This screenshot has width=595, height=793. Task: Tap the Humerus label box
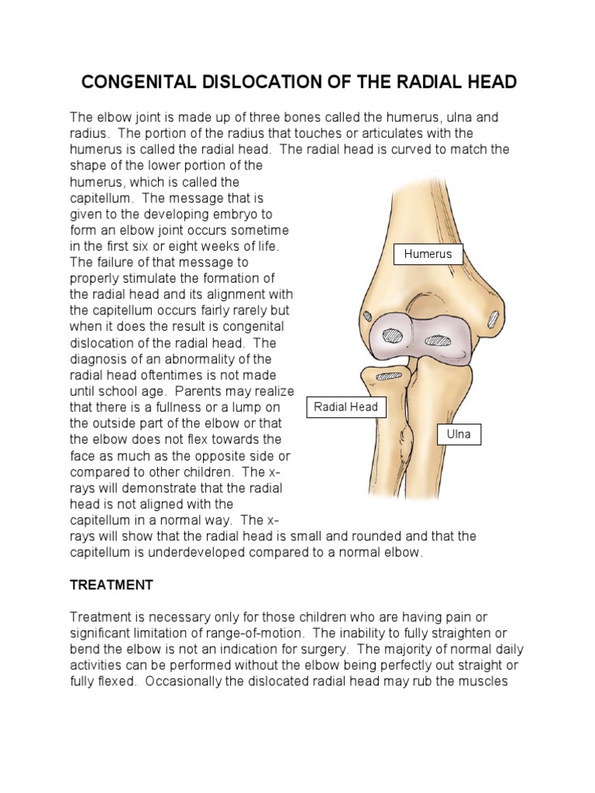point(428,253)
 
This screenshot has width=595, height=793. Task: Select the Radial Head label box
point(346,407)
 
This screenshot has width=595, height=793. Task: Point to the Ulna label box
point(459,434)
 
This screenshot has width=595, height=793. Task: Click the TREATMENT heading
point(112,585)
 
